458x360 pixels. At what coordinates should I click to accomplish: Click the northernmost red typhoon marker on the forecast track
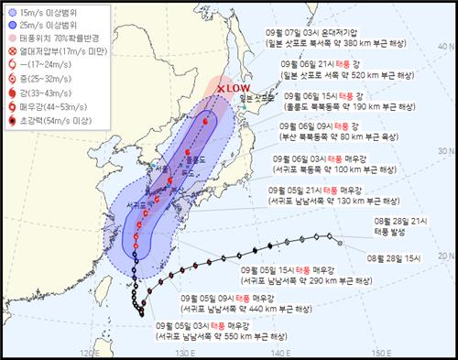pyautogui.click(x=205, y=118)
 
